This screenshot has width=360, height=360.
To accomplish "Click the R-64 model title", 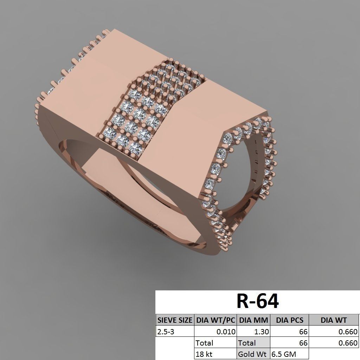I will click(x=258, y=301).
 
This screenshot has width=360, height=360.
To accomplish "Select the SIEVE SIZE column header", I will click(x=175, y=320).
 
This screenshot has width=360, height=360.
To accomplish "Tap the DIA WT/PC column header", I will click(x=216, y=320).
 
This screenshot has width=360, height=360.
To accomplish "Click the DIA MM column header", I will click(x=253, y=320).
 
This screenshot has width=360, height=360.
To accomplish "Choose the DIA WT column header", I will click(x=334, y=320).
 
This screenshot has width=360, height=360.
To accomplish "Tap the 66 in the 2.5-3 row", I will click(x=303, y=332).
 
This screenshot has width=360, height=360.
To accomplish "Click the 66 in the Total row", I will click(x=303, y=343).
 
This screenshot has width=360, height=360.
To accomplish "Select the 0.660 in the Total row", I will click(x=348, y=343).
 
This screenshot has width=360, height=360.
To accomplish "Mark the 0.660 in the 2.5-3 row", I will click(x=348, y=332).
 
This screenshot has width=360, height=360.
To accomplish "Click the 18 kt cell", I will click(x=204, y=354).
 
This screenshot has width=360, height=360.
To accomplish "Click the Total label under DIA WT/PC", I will click(x=205, y=343).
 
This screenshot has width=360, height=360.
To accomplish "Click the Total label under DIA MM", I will click(x=247, y=343).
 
